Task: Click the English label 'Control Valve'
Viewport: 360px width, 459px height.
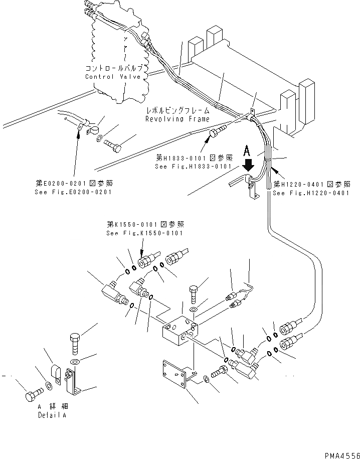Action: pos(113,77)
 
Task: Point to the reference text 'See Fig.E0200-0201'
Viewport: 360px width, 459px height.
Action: pos(74,192)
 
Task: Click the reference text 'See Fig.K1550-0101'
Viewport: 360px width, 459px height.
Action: pos(144,233)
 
